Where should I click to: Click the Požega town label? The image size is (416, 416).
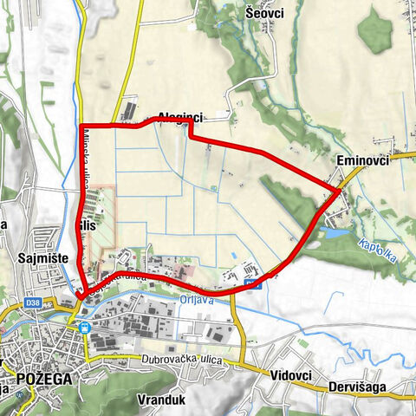coord(41,378)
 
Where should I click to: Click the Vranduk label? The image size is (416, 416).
coord(157,400)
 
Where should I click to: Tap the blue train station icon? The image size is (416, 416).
coord(84,328)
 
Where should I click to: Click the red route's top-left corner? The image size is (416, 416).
coord(81,127)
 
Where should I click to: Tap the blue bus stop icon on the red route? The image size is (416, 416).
coord(252,283)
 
